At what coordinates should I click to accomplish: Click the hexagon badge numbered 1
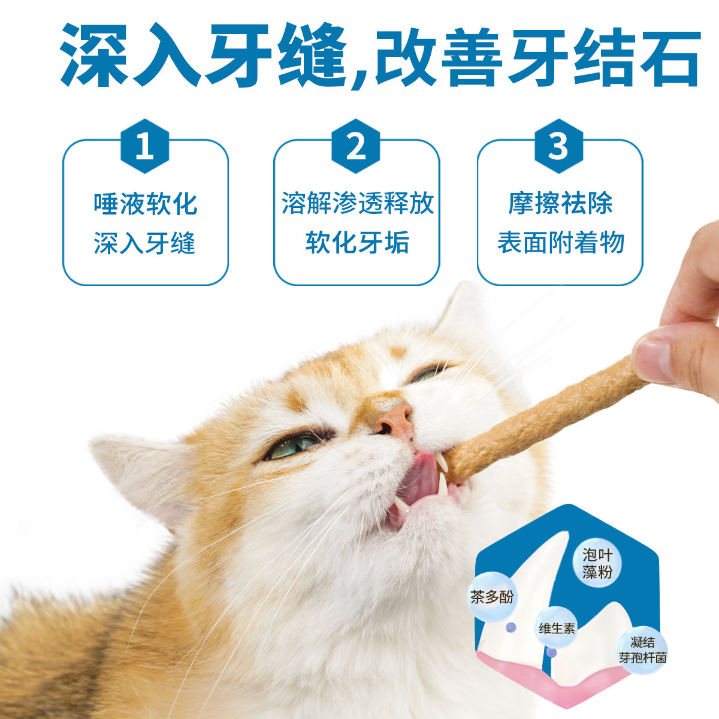click(x=145, y=146)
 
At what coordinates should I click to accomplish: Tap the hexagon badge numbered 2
click(x=356, y=146)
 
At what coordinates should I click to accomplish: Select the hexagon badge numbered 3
click(x=558, y=146)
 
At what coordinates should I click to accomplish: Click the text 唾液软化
click(x=145, y=204)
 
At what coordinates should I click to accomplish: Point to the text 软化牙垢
click(x=357, y=243)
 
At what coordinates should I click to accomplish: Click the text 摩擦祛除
click(x=560, y=204)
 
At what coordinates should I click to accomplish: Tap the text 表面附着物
click(x=560, y=243)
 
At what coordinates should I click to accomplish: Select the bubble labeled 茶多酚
click(x=492, y=597)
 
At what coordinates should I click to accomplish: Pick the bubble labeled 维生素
click(x=557, y=629)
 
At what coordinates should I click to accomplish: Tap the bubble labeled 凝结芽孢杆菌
click(x=642, y=650)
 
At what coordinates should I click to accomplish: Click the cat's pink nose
click(x=392, y=419)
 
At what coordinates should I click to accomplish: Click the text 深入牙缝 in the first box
click(x=145, y=243)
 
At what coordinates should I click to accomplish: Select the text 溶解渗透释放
click(x=357, y=204)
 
